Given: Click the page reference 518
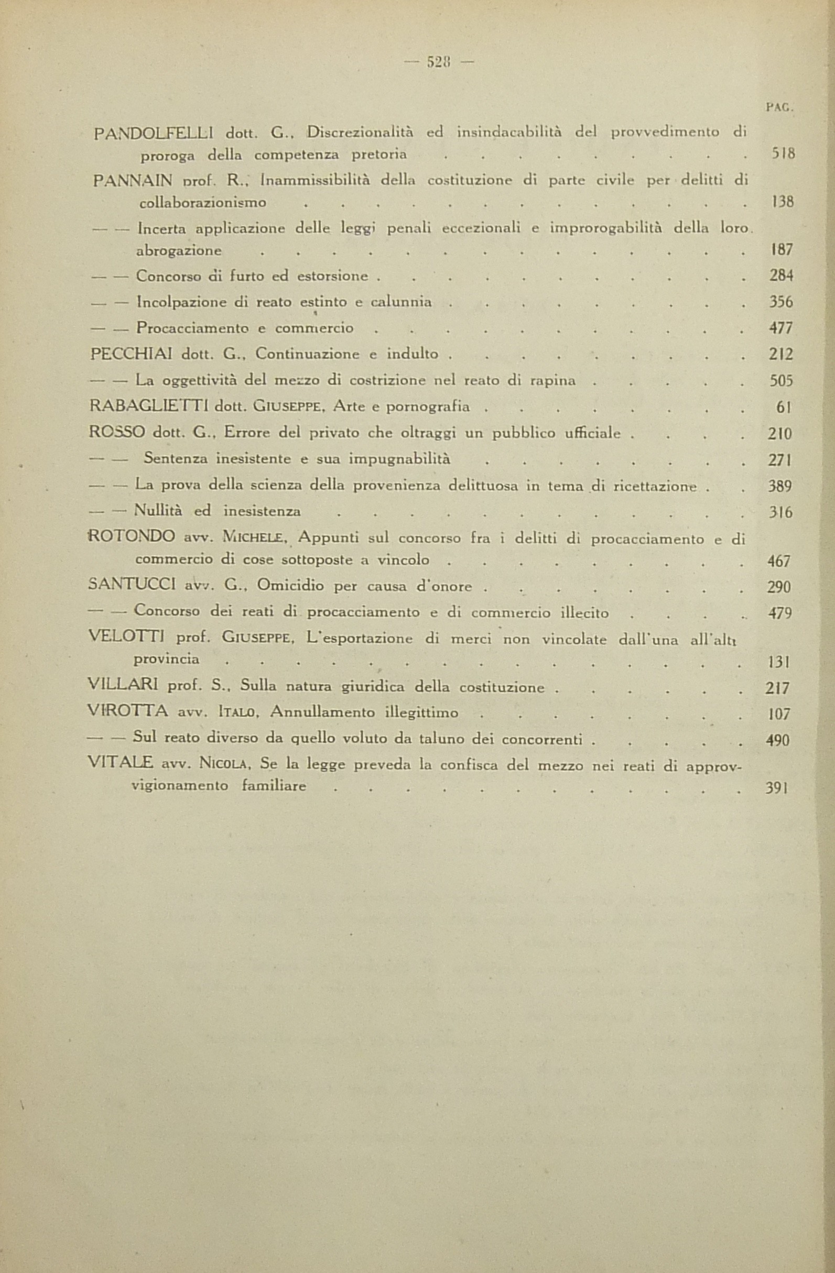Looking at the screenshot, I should coord(783,155).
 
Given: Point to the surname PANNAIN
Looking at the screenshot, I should coord(133,181).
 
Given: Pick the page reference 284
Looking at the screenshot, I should coord(781,276).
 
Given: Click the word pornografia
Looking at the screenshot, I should coord(428,407).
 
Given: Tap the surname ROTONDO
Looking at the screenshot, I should coord(132,536).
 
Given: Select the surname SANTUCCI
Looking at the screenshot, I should coord(132,585).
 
